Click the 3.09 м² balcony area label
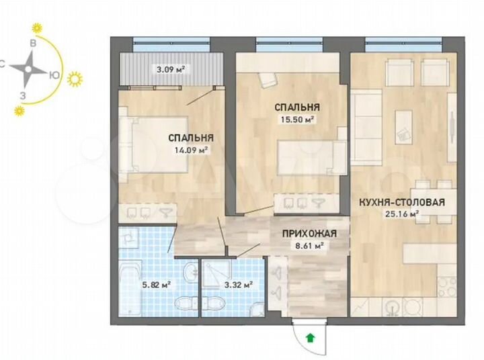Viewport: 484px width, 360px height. click(x=171, y=69)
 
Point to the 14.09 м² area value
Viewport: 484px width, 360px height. click(x=191, y=150)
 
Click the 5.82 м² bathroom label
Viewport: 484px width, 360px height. click(x=157, y=284)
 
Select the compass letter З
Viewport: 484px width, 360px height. click(x=23, y=94)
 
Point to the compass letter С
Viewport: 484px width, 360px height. click(x=3, y=64)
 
